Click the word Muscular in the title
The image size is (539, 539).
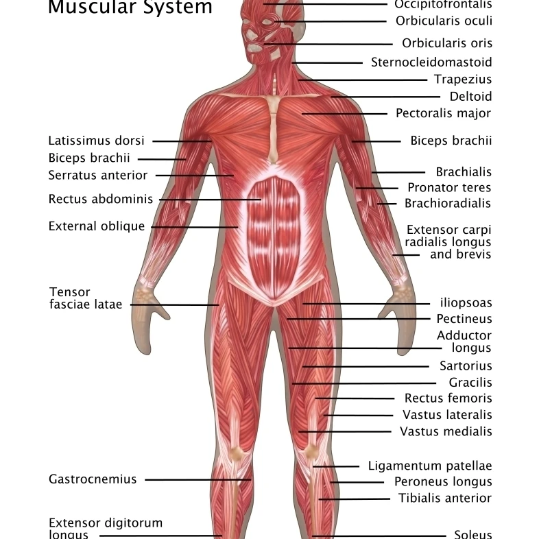87,8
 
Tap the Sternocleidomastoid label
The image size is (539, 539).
431,62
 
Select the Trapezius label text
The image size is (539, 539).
463,80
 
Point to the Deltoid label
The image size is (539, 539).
470,97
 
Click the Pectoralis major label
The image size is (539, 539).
444,113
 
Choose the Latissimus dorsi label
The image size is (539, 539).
96,141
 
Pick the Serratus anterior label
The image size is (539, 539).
97,175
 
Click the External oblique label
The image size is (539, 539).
97,226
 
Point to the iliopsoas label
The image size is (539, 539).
466,302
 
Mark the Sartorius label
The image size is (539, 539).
466,366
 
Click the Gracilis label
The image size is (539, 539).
470,383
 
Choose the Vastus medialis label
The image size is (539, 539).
446,431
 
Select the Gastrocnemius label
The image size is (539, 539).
93,479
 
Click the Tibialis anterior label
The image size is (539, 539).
445,499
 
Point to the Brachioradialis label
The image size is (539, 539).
448,204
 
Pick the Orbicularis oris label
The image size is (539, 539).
447,43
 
